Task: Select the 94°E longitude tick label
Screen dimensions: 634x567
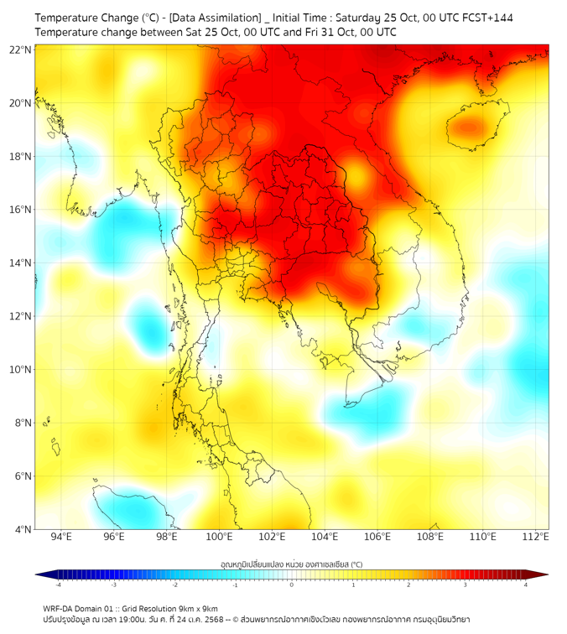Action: [x=61, y=538]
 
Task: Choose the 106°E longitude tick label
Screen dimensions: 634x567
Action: [x=377, y=538]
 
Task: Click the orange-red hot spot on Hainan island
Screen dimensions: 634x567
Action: [x=468, y=127]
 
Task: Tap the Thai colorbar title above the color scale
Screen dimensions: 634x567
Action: [x=291, y=564]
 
